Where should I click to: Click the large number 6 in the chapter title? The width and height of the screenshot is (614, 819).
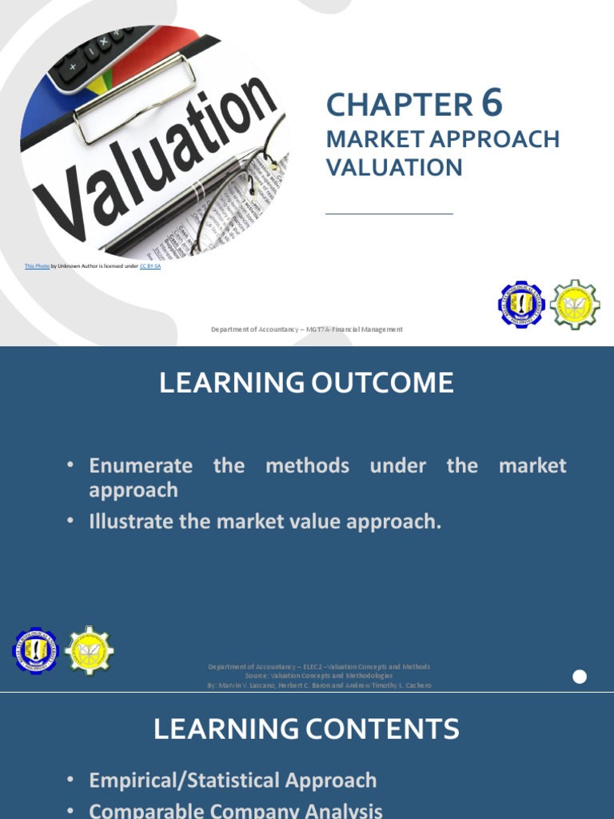pos(492,103)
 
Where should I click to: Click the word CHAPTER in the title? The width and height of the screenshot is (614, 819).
pos(399,105)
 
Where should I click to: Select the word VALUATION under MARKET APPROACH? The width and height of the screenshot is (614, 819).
pos(394,167)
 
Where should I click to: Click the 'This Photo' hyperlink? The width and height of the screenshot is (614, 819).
pos(37,266)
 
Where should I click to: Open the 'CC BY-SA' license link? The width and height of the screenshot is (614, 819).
pos(150,266)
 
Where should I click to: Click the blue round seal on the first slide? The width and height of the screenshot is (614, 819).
pos(520,305)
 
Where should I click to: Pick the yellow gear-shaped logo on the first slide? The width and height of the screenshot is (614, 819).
pos(575,305)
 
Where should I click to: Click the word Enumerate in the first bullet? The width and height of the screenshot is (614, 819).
pos(141,465)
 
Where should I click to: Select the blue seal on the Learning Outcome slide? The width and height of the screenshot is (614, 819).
pos(35,650)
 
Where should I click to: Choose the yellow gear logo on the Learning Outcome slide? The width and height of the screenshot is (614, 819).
pos(89,650)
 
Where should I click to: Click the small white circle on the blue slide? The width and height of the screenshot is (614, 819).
pos(580,677)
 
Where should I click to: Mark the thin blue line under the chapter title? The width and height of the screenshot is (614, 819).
pos(389,214)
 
